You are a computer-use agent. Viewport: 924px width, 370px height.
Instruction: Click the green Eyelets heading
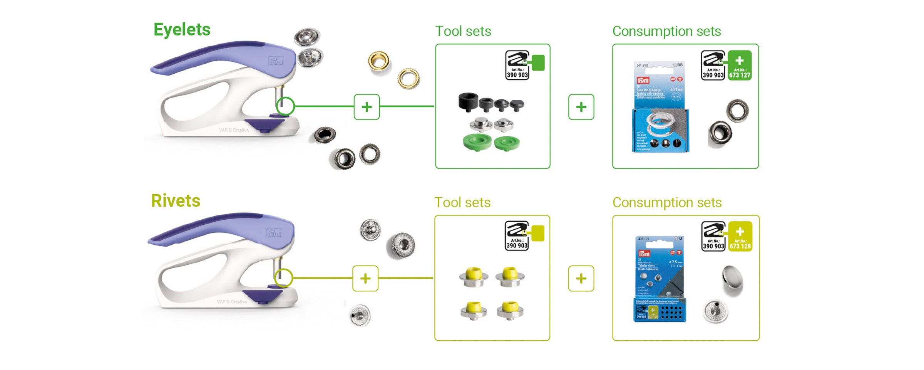tap(182, 30)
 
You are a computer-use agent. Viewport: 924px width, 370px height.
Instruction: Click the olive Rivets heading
tap(176, 201)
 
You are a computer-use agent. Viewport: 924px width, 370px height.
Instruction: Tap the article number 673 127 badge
tap(740, 66)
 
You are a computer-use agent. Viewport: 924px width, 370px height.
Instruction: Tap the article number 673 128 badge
tap(740, 237)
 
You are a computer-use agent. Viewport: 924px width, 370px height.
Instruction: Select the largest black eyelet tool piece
tap(468, 101)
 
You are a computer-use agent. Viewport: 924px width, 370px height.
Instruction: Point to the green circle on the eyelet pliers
tap(285, 106)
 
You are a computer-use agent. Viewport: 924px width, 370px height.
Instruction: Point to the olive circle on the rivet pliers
tap(284, 278)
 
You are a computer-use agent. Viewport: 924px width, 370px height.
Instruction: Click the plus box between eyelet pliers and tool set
tap(367, 107)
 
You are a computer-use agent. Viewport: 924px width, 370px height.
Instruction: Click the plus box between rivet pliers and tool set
tap(365, 278)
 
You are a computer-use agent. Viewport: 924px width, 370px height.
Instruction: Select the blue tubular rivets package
tap(660, 279)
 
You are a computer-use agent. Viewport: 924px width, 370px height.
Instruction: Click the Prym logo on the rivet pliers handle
tap(274, 233)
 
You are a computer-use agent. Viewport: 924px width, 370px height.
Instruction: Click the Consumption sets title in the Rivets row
tap(667, 203)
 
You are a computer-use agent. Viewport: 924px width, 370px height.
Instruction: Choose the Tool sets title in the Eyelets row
tap(463, 31)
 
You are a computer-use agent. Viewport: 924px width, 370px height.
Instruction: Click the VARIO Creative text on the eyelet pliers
tap(234, 130)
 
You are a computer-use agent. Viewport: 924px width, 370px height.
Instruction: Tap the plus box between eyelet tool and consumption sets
tap(581, 107)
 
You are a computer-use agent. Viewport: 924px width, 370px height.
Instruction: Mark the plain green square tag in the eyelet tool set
tap(538, 63)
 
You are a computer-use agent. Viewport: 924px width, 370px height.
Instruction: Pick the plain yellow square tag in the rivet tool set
tap(537, 234)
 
